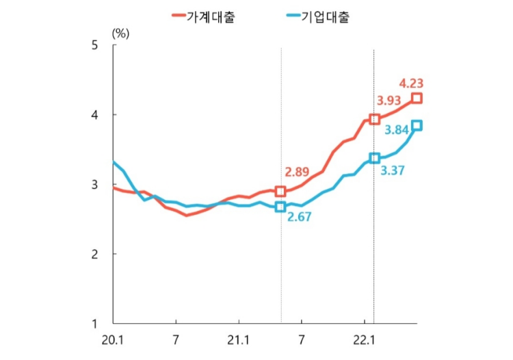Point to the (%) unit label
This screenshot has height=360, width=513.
[120, 31]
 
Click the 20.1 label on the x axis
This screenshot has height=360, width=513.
[114, 340]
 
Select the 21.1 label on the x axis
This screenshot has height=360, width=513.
[238, 340]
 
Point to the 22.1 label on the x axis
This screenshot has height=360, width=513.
[363, 340]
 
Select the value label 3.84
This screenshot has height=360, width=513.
[397, 129]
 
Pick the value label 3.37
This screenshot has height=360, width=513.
[392, 170]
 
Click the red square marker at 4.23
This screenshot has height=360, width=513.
[417, 99]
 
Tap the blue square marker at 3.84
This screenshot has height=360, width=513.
[417, 125]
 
